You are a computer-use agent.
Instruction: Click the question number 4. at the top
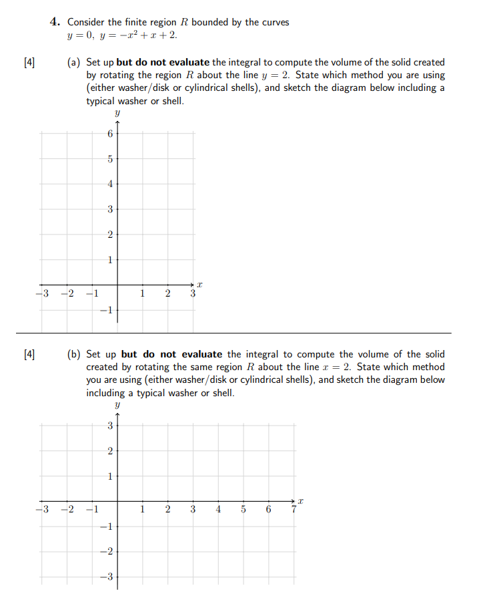tap(56, 22)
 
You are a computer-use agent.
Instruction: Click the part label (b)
tap(74, 354)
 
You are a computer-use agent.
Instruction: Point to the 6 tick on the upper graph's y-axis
tap(109, 134)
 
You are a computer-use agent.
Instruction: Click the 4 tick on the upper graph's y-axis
tap(109, 184)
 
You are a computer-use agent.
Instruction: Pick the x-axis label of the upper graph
tap(199, 285)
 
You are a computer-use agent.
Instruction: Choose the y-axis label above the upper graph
tap(117, 114)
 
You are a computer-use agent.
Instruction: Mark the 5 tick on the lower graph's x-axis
tap(244, 510)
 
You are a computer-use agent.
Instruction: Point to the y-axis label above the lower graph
tap(117, 406)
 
